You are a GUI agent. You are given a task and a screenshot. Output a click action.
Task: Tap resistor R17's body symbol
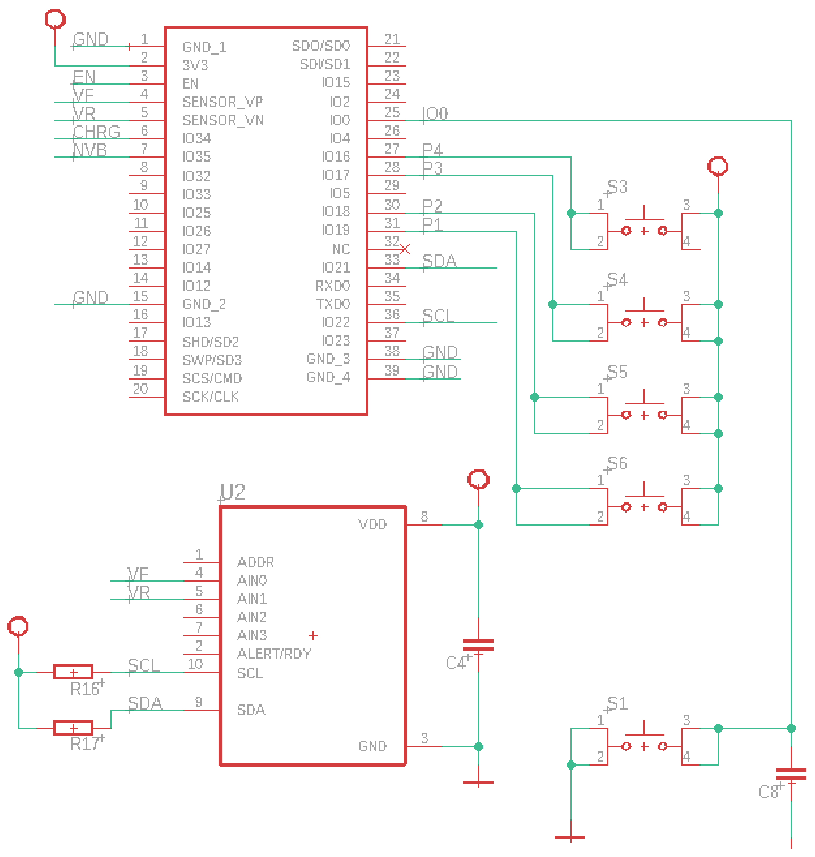(x=73, y=728)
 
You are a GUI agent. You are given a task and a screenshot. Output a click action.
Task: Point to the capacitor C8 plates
(x=791, y=774)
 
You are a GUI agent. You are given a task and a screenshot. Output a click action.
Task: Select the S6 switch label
(x=617, y=463)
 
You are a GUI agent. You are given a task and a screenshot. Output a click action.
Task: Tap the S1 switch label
(x=617, y=704)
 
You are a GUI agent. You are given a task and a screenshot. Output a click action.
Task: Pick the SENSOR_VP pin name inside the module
(x=222, y=102)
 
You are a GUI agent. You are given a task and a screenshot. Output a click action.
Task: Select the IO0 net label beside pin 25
(x=435, y=114)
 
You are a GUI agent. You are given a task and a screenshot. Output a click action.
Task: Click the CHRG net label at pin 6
(x=96, y=131)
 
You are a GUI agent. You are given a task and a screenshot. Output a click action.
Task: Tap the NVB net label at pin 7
(x=90, y=150)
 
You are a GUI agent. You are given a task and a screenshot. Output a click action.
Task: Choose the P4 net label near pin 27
(x=432, y=150)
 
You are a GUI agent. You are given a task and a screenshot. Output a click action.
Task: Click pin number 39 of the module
(x=392, y=370)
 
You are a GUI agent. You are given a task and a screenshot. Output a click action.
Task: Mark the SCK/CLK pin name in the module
(x=211, y=397)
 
